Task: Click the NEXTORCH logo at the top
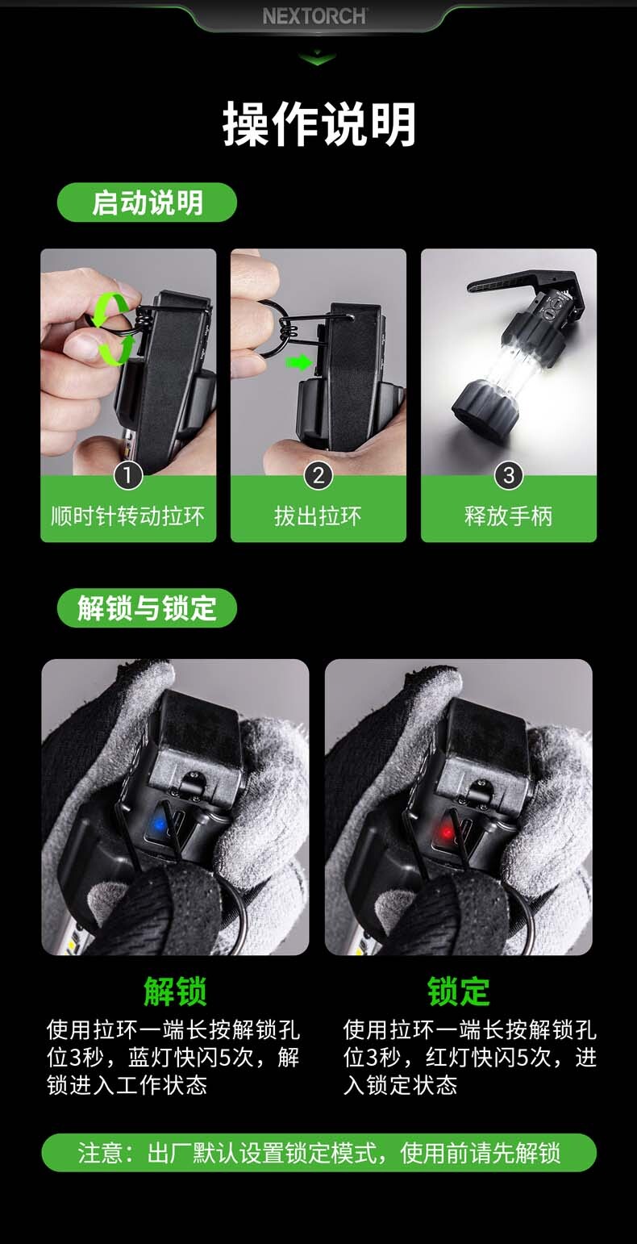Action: point(315,15)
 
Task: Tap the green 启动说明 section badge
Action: point(147,202)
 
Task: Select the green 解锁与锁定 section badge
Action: point(147,607)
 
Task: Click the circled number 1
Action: point(128,475)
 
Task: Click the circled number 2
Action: point(318,475)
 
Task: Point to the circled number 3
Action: point(509,475)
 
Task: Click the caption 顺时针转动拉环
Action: point(128,516)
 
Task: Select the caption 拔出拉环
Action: point(318,516)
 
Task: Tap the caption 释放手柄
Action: point(509,516)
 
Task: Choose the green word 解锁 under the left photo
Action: point(175,991)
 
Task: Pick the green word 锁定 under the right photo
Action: point(459,991)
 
